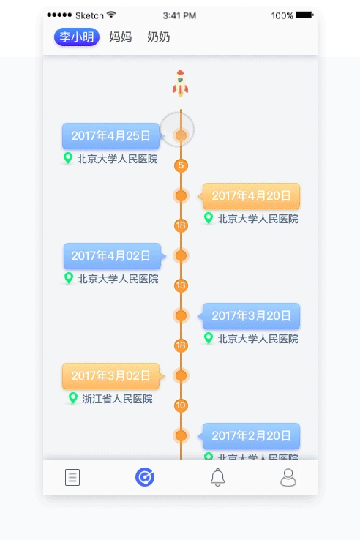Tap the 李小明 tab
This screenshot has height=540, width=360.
click(77, 37)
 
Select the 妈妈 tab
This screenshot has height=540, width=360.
click(120, 37)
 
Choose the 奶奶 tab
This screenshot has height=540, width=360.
click(158, 37)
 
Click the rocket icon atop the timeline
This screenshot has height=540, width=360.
click(181, 83)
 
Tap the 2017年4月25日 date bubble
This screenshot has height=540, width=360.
click(110, 135)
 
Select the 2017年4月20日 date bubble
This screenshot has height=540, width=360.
click(251, 195)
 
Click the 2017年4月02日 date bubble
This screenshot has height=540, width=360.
click(111, 255)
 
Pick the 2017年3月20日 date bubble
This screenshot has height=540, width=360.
click(251, 315)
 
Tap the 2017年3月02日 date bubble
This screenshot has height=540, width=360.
click(110, 375)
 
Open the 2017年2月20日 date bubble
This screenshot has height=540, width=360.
click(251, 435)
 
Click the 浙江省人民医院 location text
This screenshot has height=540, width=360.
click(117, 399)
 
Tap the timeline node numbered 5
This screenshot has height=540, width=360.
click(181, 165)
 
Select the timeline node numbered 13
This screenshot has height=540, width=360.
click(181, 285)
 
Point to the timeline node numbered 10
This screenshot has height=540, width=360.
click(181, 405)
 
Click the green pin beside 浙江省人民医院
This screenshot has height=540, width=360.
click(72, 398)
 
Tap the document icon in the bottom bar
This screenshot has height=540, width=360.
click(72, 478)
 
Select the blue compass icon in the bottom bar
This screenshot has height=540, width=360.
click(145, 478)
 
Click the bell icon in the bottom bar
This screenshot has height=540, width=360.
click(217, 478)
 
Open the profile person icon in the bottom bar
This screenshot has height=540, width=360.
click(288, 478)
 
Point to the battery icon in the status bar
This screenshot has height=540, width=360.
click(304, 15)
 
